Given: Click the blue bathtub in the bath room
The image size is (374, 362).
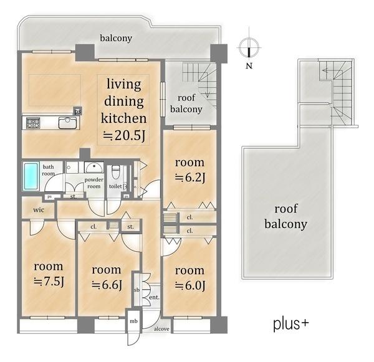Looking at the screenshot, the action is pos(31,176).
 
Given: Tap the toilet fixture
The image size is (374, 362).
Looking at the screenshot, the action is pos(115,172).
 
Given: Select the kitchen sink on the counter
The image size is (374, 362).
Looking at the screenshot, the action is pos(68,123).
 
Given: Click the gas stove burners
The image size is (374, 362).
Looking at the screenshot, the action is pos(33,123).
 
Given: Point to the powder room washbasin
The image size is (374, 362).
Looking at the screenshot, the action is pos(94,168).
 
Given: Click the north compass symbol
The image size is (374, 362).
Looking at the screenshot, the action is pos(249,47).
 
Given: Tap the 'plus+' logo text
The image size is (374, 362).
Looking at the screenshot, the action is pos(290,325).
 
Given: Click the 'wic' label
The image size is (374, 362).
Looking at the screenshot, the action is pos(39,210).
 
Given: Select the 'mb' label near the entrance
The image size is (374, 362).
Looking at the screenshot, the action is pos(133,322).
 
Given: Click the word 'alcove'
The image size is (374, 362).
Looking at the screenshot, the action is pos(161,329).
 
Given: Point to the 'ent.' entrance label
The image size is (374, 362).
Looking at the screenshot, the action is pos(155,297).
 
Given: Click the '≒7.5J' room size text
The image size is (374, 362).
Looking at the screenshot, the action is pos(49,282).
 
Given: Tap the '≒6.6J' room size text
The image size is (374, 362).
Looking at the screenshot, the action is pos(107,285).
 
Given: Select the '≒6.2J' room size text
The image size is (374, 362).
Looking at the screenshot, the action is pos(190,178).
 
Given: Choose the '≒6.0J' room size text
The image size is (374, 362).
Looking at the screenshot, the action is pos(190,285).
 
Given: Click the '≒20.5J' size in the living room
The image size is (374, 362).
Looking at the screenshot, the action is pos(124,136).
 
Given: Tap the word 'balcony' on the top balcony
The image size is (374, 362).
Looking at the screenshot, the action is pos(116,38).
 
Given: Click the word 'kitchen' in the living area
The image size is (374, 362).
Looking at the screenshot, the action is pos(123,118).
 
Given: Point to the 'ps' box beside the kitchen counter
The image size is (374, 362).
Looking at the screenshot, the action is pos(78,112).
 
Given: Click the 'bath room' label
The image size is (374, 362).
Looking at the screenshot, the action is pos(49,170).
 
